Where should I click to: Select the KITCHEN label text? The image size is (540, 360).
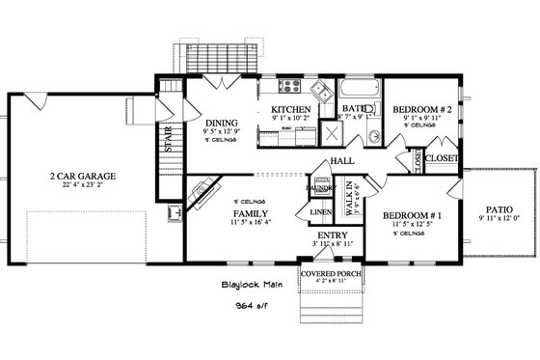click(x=290, y=109)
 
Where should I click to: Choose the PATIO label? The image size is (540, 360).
click(x=499, y=209)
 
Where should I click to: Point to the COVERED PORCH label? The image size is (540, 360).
click(x=331, y=275)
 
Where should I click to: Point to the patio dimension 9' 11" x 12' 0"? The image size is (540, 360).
click(x=499, y=219)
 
